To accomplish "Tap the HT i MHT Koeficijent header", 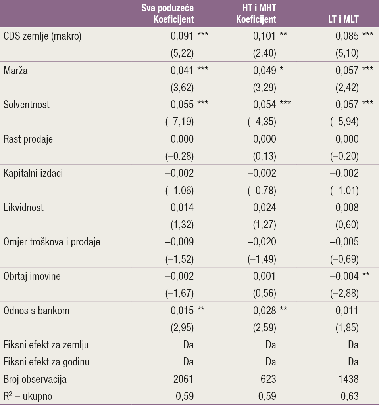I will pyautogui.click(x=256, y=13).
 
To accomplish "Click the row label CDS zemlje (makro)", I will pyautogui.click(x=42, y=36).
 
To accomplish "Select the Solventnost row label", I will pyautogui.click(x=27, y=105).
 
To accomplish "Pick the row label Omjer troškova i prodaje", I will pyautogui.click(x=52, y=242).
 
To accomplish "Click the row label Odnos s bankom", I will pyautogui.click(x=36, y=310).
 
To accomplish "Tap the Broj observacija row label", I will pyautogui.click(x=35, y=379).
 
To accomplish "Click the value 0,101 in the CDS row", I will pyautogui.click(x=265, y=36).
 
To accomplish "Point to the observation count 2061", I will pyautogui.click(x=183, y=379).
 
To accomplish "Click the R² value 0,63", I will pyautogui.click(x=350, y=396).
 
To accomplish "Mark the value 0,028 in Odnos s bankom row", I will pyautogui.click(x=265, y=310).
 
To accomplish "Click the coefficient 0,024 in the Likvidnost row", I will pyautogui.click(x=265, y=208).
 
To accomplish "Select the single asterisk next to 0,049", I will pyautogui.click(x=282, y=70).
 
